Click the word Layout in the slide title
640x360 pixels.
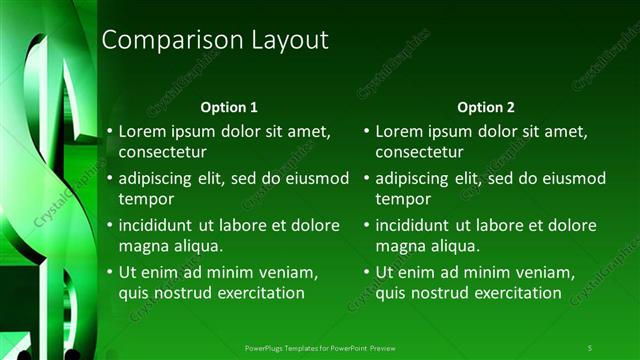click(284, 40)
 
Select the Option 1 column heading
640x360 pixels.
click(229, 107)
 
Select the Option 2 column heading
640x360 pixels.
click(486, 107)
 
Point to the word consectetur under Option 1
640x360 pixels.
click(163, 153)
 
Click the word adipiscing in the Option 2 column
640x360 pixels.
click(413, 179)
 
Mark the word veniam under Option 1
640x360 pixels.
click(288, 272)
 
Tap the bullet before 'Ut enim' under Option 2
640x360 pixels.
click(367, 272)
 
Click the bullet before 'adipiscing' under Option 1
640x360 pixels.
click(110, 179)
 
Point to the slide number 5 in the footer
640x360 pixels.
click(589, 348)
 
